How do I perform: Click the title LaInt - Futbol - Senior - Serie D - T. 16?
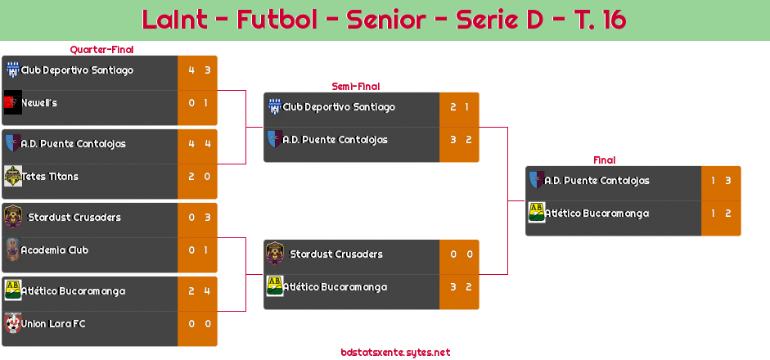tap(384, 20)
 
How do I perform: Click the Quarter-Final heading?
tap(101, 50)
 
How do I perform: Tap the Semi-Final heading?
tap(354, 86)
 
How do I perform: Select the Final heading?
tap(603, 160)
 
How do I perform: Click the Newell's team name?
tap(39, 103)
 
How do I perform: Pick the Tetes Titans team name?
tap(51, 177)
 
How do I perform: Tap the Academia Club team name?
tap(54, 250)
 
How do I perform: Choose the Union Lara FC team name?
tap(53, 324)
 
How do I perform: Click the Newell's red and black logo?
tap(12, 103)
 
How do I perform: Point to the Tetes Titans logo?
tap(12, 177)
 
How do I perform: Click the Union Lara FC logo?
tap(12, 324)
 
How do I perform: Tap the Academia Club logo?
tap(12, 250)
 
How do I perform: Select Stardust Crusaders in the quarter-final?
tap(74, 218)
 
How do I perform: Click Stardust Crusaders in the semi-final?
tap(336, 254)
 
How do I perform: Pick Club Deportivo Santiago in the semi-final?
tap(338, 107)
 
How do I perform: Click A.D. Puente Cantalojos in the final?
tap(597, 181)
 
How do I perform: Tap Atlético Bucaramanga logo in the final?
tap(537, 213)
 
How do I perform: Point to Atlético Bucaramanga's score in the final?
tap(721, 214)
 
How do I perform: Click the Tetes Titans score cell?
tap(197, 177)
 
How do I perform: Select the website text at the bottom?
tap(395, 353)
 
